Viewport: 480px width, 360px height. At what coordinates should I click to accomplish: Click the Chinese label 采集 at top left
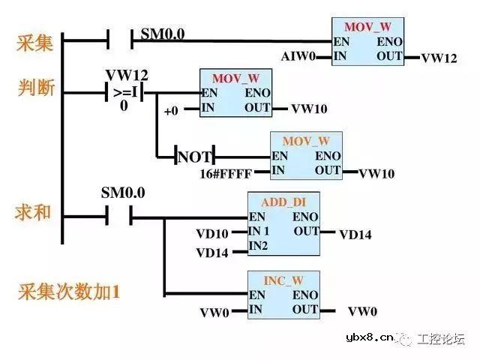(34, 43)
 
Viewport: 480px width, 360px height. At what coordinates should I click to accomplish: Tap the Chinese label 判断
(34, 88)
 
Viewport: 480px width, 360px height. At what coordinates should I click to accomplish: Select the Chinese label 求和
(34, 212)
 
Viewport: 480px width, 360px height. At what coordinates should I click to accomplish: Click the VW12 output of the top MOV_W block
(439, 58)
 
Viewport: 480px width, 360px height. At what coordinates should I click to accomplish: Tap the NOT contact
(194, 157)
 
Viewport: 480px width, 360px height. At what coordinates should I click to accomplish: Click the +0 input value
(171, 110)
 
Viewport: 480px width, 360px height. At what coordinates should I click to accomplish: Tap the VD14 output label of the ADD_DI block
(355, 234)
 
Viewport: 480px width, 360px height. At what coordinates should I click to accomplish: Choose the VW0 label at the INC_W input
(214, 312)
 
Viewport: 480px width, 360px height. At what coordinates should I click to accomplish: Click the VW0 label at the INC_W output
(363, 311)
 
